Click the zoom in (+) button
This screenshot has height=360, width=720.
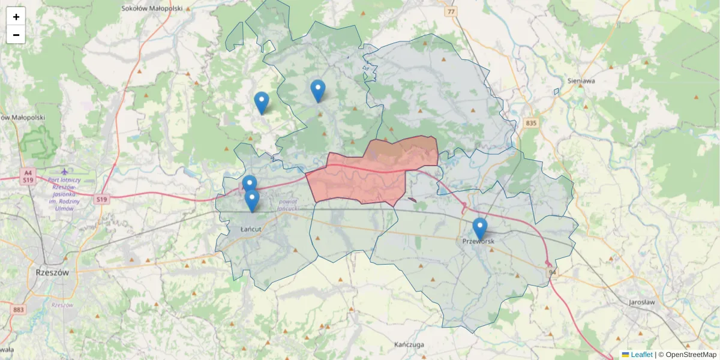(x=16, y=17)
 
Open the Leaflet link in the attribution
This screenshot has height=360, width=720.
(x=641, y=355)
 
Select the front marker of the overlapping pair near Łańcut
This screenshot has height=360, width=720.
(x=252, y=200)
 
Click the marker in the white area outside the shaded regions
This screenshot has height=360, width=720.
(x=261, y=103)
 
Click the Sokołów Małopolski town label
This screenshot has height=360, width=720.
(x=151, y=8)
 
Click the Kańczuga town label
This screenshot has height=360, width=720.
(x=410, y=345)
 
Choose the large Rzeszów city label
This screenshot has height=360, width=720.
(x=52, y=272)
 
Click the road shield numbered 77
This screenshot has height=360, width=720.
(x=451, y=11)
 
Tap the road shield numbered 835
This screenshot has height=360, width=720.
(x=530, y=123)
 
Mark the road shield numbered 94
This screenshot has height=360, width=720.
(x=551, y=273)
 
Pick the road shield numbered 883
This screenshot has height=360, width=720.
(x=19, y=310)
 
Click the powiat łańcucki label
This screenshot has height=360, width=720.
(x=292, y=205)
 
